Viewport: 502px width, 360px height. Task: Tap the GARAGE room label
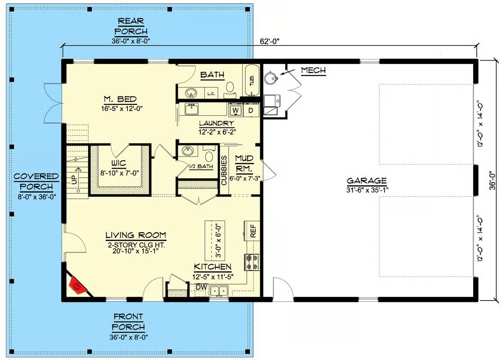(366, 181)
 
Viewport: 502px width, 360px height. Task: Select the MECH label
(313, 70)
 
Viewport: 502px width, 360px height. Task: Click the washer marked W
(235, 110)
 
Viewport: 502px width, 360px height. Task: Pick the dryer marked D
(251, 110)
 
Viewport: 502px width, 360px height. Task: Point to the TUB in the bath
(252, 80)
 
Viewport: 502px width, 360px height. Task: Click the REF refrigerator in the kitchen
(253, 230)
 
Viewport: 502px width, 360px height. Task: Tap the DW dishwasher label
(202, 287)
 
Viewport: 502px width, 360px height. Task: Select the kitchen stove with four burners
(252, 262)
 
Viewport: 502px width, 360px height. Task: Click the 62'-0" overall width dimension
(270, 41)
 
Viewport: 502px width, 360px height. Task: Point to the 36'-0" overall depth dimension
(493, 180)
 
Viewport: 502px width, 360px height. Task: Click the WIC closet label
(118, 163)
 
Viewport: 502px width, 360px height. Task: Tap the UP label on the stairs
(74, 179)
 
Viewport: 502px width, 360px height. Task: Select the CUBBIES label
(224, 170)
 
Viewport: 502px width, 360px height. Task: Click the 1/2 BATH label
(201, 166)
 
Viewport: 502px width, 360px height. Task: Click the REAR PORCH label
(131, 26)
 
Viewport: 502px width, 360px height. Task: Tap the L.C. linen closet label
(211, 94)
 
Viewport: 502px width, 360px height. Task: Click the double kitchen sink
(219, 291)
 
